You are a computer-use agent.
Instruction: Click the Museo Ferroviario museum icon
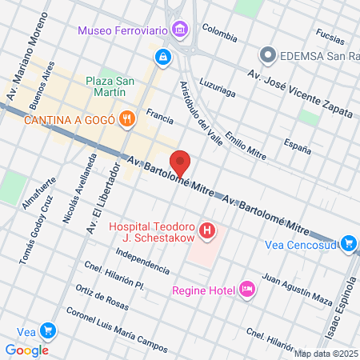(x=181, y=30)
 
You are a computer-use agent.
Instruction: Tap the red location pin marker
(x=181, y=162)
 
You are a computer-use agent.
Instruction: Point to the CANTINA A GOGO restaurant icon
(x=126, y=119)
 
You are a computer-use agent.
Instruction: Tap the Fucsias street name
(x=330, y=35)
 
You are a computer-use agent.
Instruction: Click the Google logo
(x=26, y=350)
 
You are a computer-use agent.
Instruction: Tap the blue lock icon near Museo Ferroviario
(x=162, y=57)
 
